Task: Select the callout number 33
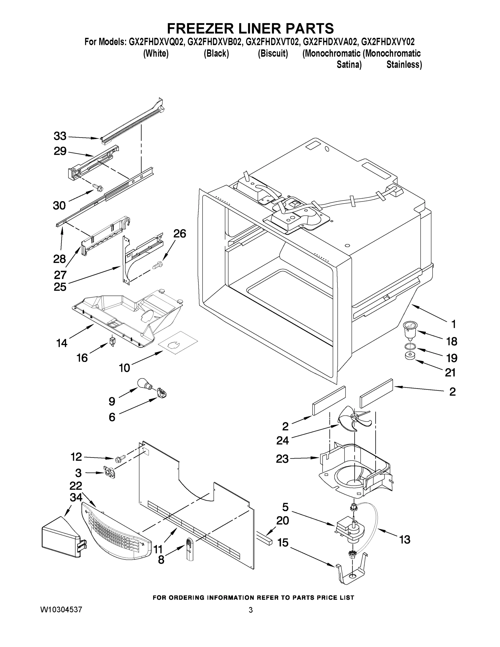[x=60, y=136]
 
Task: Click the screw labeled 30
[x=98, y=187]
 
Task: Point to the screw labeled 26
[x=157, y=264]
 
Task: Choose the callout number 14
[x=62, y=343]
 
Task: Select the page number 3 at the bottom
[x=251, y=610]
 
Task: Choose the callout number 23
[x=282, y=459]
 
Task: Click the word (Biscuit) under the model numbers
[x=273, y=54]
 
